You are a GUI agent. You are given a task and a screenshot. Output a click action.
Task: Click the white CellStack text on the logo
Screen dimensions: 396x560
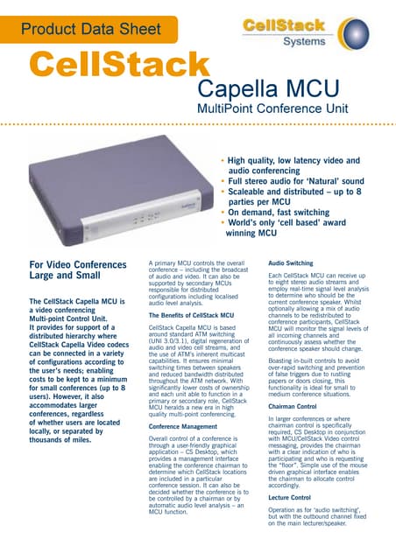(293, 24)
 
